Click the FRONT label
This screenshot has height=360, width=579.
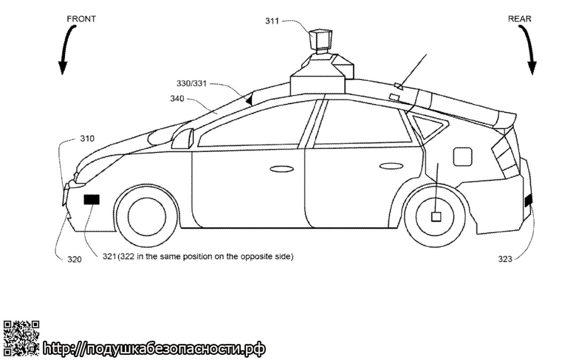pyautogui.click(x=81, y=19)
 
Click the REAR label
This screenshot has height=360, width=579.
pyautogui.click(x=520, y=19)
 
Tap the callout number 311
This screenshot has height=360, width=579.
pyautogui.click(x=272, y=21)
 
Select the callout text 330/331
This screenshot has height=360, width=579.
pyautogui.click(x=191, y=84)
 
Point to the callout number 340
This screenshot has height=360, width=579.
pyautogui.click(x=177, y=98)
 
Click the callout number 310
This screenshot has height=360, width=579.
pyautogui.click(x=88, y=138)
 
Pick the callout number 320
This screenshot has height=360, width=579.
pyautogui.click(x=74, y=259)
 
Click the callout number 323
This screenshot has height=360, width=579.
pyautogui.click(x=505, y=259)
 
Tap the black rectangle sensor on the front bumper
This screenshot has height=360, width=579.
pyautogui.click(x=92, y=199)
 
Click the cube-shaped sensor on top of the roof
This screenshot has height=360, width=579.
pyautogui.click(x=320, y=40)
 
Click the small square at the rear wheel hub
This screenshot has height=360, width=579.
pyautogui.click(x=436, y=216)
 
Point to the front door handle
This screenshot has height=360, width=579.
pyautogui.click(x=282, y=169)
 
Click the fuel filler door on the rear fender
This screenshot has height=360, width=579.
pyautogui.click(x=463, y=157)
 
